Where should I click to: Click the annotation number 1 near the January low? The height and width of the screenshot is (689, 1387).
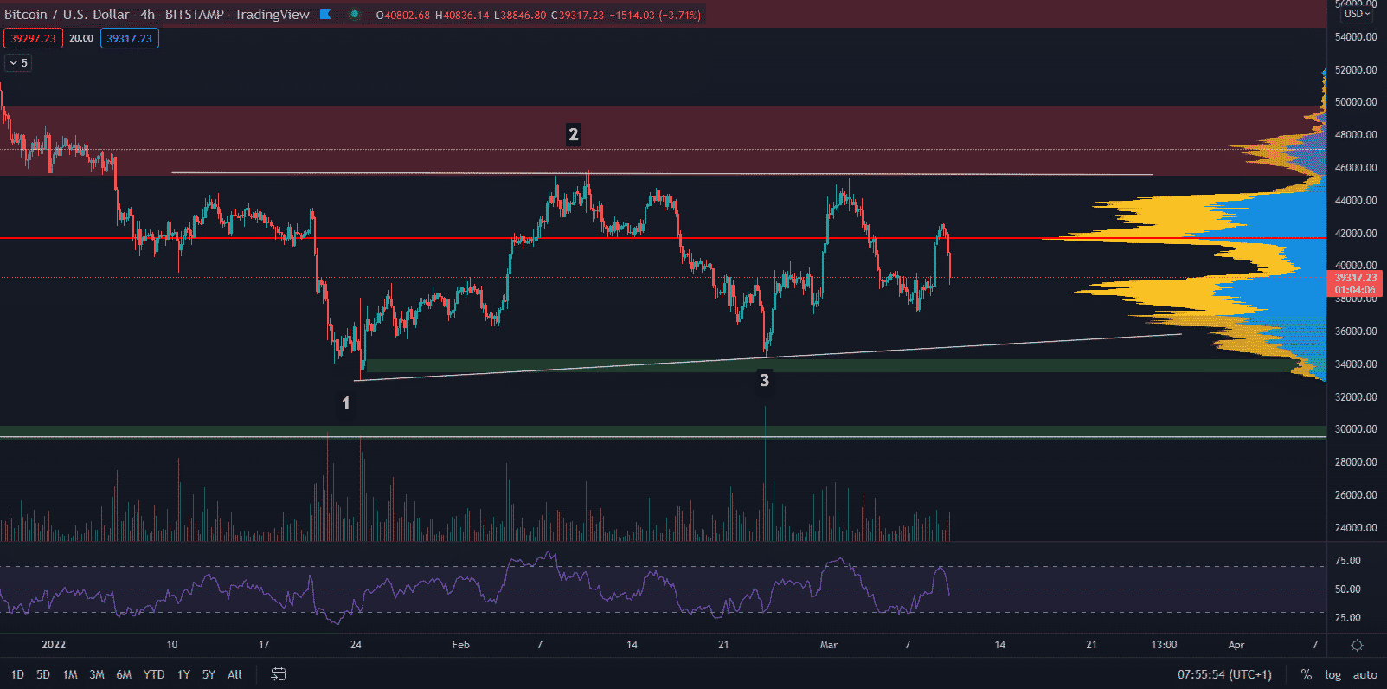pos(346,402)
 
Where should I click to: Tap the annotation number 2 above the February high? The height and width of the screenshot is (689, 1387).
pos(573,134)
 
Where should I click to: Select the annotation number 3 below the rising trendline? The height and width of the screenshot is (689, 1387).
pos(764,380)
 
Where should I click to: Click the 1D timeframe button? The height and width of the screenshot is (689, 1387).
pos(17,674)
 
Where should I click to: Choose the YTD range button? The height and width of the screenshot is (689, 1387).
pos(154,674)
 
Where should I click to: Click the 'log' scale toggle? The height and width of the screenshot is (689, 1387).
pos(1332,674)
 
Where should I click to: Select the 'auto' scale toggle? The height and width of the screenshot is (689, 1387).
pos(1365,674)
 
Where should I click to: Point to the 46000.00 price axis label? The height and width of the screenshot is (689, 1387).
pos(1356,167)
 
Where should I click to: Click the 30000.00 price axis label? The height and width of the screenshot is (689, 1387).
pos(1356,429)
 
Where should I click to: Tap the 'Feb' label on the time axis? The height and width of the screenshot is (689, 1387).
pos(460,645)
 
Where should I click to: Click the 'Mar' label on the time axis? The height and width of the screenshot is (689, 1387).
pos(828,645)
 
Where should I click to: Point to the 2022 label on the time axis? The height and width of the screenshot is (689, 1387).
pos(54,645)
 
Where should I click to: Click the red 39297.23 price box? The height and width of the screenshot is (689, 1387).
pos(33,38)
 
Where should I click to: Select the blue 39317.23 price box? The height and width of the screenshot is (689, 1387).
pos(129,38)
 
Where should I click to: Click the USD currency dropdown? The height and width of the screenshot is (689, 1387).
pos(1356,14)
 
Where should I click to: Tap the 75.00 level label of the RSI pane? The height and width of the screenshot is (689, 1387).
pos(1347,561)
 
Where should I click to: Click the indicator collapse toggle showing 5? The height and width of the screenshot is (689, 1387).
pos(18,62)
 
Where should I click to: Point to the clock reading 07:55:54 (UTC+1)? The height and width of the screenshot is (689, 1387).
pos(1224,674)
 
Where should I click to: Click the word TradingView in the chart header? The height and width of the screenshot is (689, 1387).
pos(272,15)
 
